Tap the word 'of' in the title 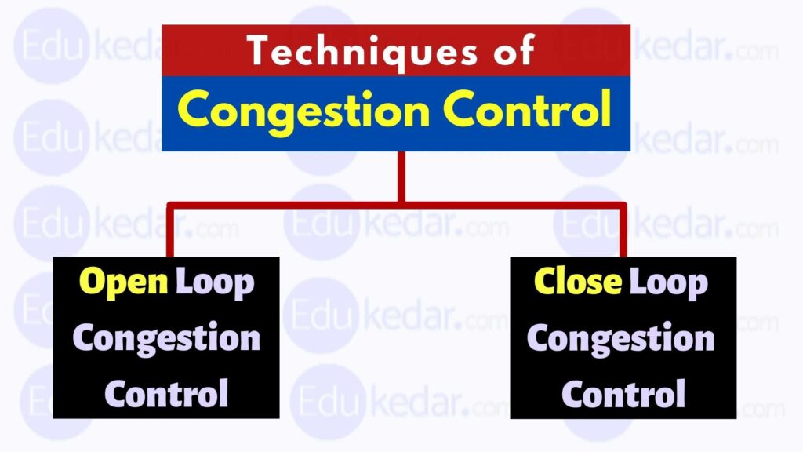pos(510,51)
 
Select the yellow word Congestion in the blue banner pos(307,111)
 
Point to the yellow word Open pos(124,283)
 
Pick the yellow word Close pos(580,283)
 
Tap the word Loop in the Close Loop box pos(669,283)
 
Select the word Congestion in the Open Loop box pos(166,338)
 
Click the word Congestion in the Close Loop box pos(621,338)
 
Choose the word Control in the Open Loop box pos(166,392)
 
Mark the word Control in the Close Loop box pos(623,392)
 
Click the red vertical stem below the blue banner pos(401,177)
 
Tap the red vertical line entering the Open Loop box pos(169,231)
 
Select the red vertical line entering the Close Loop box pos(623,231)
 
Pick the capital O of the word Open pos(93,283)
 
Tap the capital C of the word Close pos(546,283)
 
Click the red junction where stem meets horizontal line pos(401,205)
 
